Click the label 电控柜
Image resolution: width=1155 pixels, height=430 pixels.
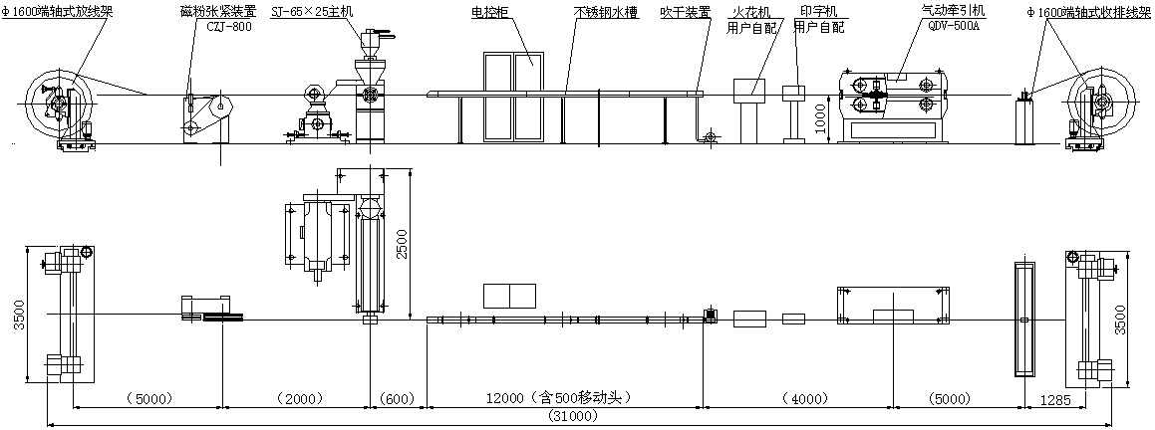[490, 14]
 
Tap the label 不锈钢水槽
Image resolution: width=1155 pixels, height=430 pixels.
[606, 14]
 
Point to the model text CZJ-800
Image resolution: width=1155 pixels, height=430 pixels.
[228, 28]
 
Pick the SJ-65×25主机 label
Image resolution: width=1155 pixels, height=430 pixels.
[311, 14]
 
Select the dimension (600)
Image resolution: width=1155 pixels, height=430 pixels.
[397, 399]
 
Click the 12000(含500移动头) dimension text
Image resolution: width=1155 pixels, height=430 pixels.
[559, 398]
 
